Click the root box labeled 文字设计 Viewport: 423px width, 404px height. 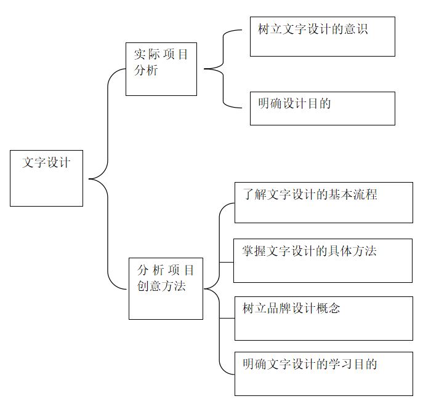46,178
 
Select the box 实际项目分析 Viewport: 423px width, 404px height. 161,69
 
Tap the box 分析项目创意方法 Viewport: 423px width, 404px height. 166,289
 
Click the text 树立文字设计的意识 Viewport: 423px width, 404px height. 313,29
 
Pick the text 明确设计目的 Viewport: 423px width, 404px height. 294,103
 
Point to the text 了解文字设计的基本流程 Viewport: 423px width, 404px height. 310,194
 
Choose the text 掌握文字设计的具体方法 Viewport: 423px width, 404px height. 309,251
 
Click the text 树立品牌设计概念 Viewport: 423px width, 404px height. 291,309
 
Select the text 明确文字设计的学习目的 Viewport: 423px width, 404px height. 310,364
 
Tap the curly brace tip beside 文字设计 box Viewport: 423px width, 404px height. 89,179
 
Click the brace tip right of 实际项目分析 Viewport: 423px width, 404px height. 204,69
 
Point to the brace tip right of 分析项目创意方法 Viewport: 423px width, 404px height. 204,289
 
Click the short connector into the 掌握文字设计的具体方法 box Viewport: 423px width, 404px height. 227,263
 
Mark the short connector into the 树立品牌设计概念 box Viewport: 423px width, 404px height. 227,319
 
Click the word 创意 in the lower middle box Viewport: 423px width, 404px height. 149,286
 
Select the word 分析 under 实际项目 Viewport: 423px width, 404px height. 146,70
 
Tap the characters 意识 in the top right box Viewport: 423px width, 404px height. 356,29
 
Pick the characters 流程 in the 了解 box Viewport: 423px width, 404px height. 366,194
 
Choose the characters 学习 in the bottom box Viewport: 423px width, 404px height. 341,364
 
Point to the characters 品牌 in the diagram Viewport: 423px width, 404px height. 279,309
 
